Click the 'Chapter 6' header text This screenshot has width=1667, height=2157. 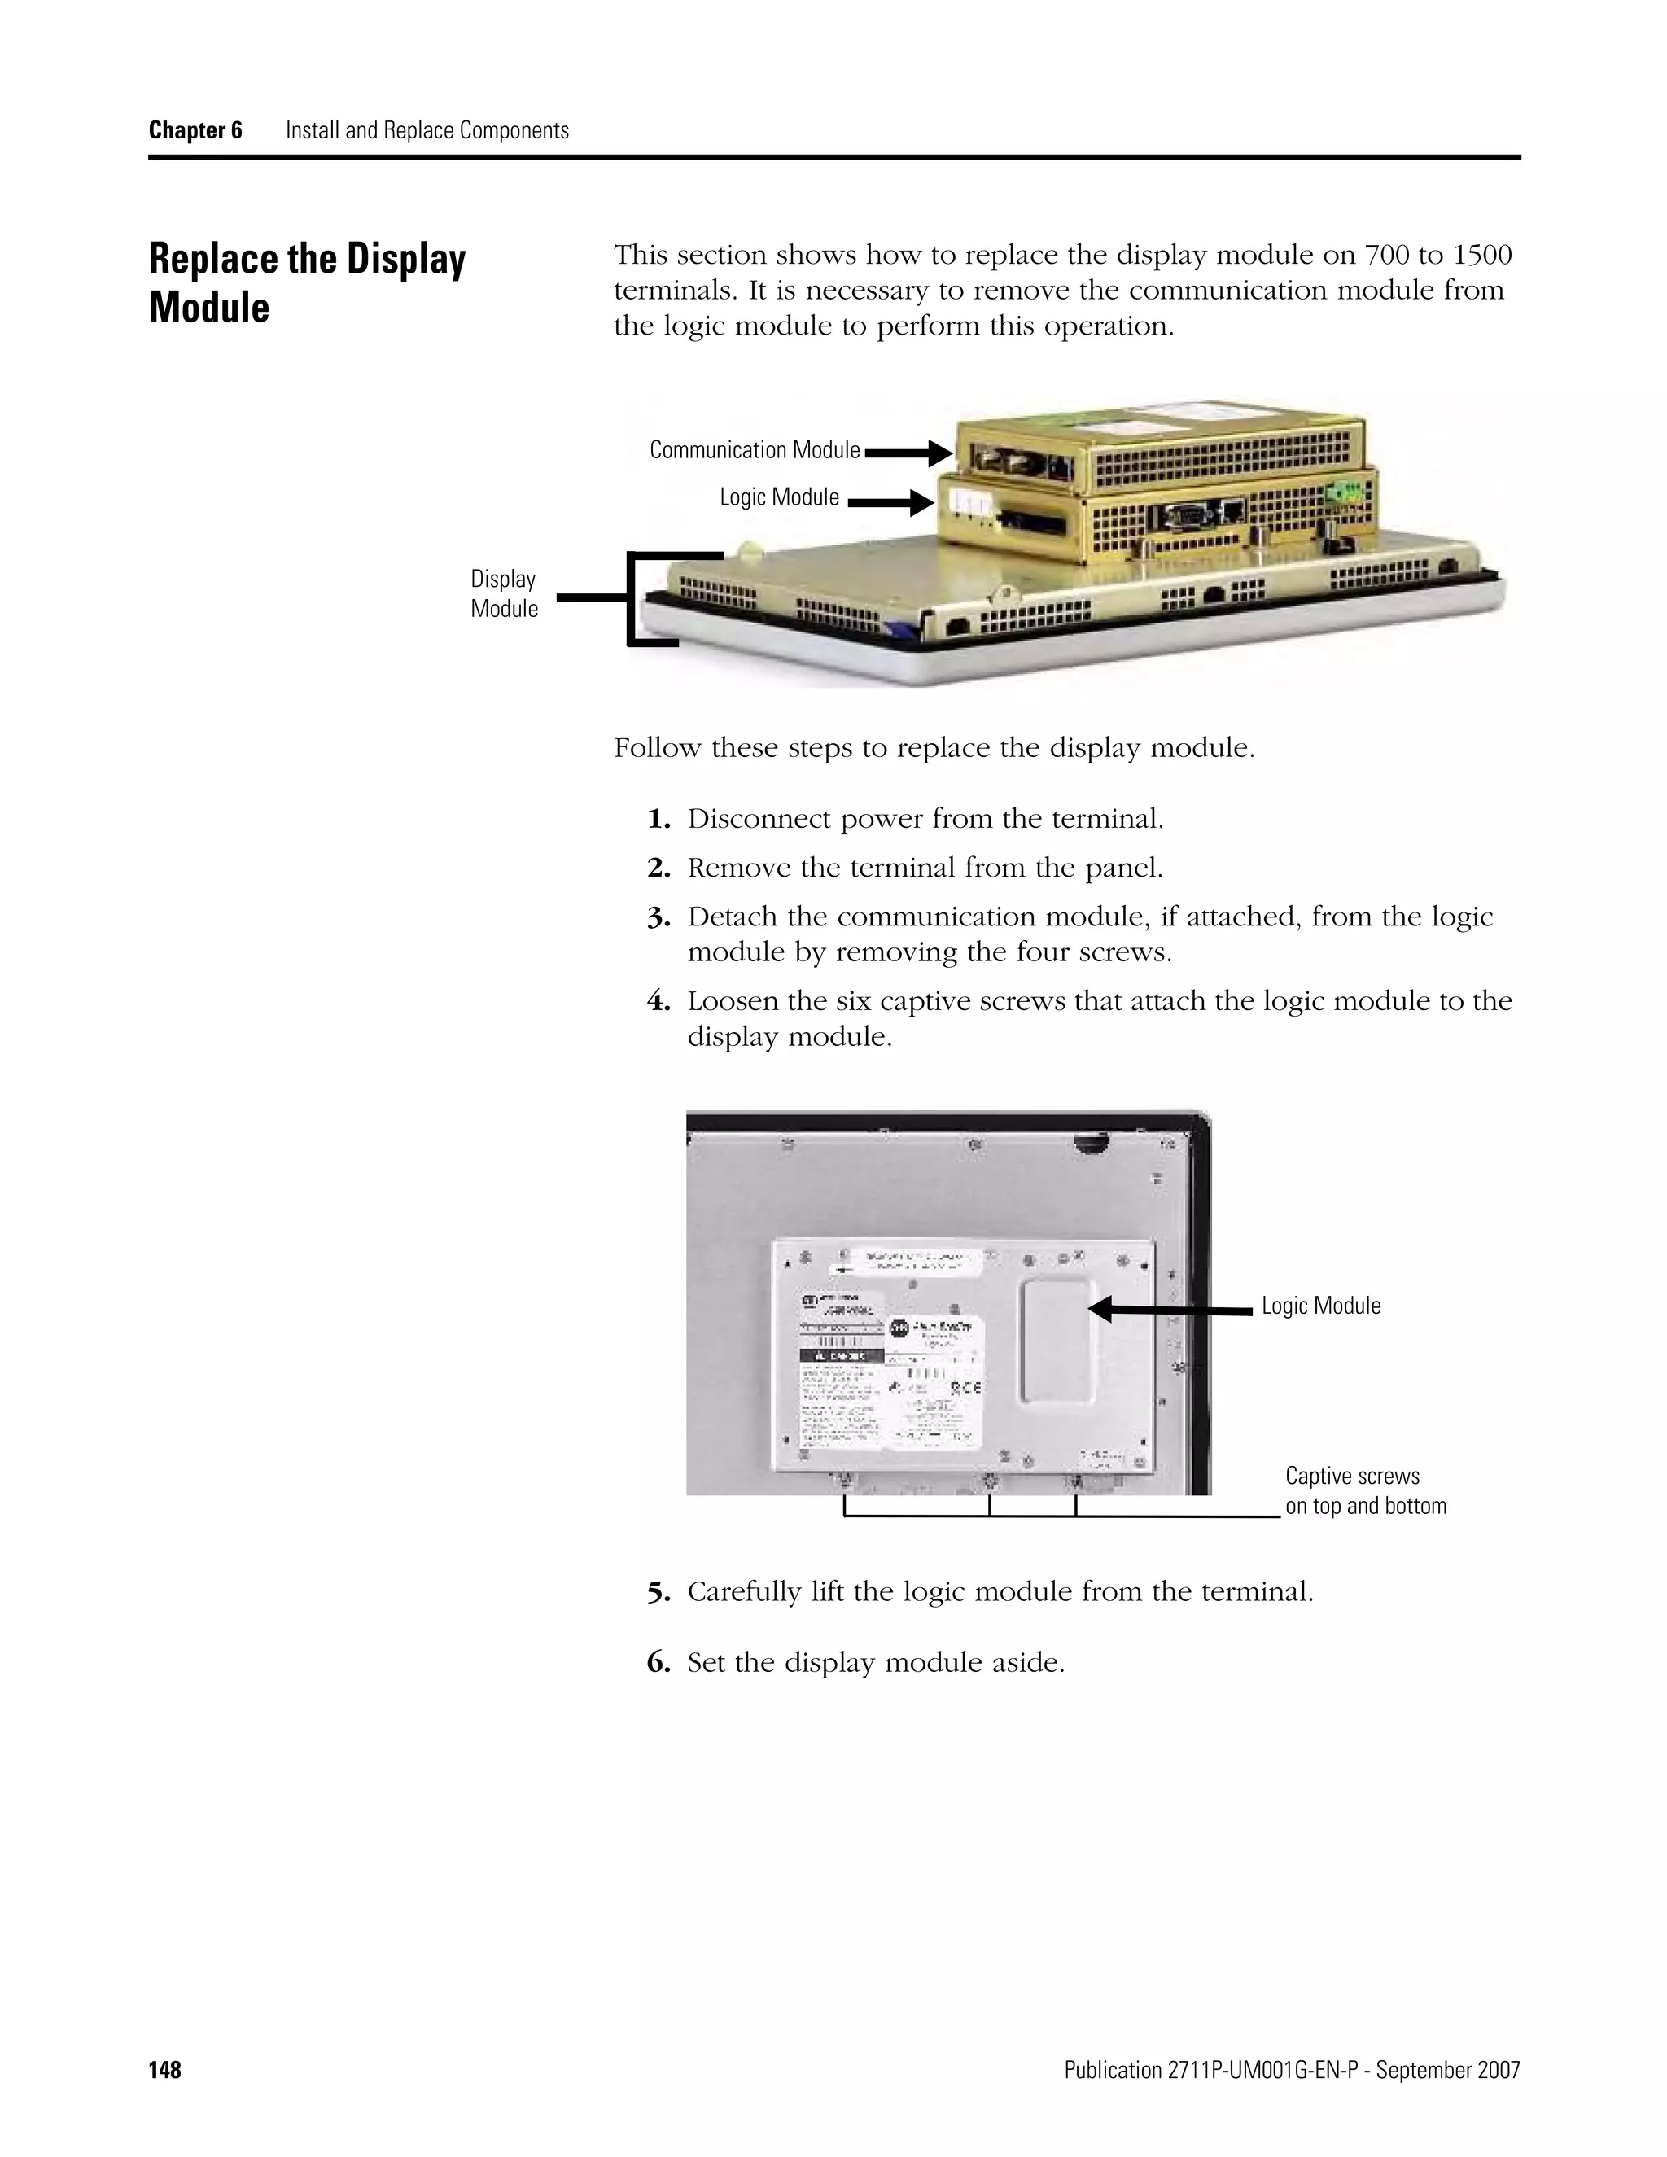[195, 130]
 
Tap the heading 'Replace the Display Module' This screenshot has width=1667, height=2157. [306, 282]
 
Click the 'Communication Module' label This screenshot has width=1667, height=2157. [755, 450]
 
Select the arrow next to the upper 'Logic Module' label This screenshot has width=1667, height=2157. [890, 504]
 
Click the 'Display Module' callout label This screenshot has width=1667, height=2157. [504, 593]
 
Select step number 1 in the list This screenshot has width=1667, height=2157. [658, 819]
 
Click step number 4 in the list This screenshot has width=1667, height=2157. [658, 1001]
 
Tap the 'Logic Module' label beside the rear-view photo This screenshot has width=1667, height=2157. [1321, 1306]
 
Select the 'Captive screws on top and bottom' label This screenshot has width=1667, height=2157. [1365, 1490]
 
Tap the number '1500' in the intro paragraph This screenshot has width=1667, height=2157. [1482, 255]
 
